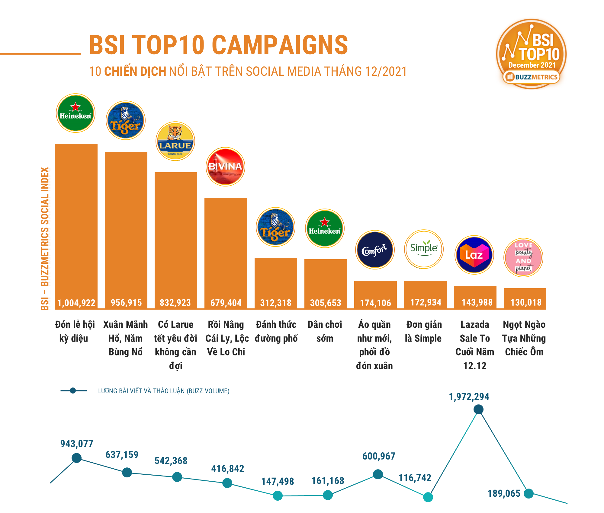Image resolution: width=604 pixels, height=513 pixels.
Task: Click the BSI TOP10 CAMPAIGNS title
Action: [x=218, y=45]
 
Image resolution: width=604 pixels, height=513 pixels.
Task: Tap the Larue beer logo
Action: [x=175, y=141]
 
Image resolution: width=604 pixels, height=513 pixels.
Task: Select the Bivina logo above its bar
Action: [x=225, y=167]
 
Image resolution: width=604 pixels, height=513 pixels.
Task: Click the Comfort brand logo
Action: [x=375, y=250]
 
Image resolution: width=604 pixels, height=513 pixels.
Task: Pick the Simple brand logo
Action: [x=424, y=249]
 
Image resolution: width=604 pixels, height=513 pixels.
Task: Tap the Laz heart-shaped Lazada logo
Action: [x=474, y=255]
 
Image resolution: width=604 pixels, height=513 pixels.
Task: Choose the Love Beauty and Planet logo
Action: [x=523, y=257]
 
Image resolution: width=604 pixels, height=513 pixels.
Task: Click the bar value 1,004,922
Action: [x=76, y=303]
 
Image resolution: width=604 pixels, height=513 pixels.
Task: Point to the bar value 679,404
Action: [x=226, y=303]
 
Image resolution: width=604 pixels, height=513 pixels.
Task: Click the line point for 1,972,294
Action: [x=478, y=409]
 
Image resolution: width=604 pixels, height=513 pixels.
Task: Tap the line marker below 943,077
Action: [x=77, y=458]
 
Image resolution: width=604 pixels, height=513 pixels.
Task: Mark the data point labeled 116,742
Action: [x=428, y=497]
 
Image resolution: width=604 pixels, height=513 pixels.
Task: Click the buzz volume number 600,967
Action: [x=379, y=456]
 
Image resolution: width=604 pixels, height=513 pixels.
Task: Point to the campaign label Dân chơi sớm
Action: [x=325, y=331]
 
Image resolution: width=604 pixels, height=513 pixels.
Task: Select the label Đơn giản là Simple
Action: [x=424, y=331]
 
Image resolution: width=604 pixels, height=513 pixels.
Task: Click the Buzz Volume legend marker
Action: [x=73, y=391]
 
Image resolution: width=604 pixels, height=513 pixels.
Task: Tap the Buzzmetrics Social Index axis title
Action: [x=44, y=238]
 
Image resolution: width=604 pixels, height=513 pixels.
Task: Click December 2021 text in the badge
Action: [x=532, y=65]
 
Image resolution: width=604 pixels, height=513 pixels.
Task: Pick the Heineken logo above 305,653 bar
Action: [x=325, y=228]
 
